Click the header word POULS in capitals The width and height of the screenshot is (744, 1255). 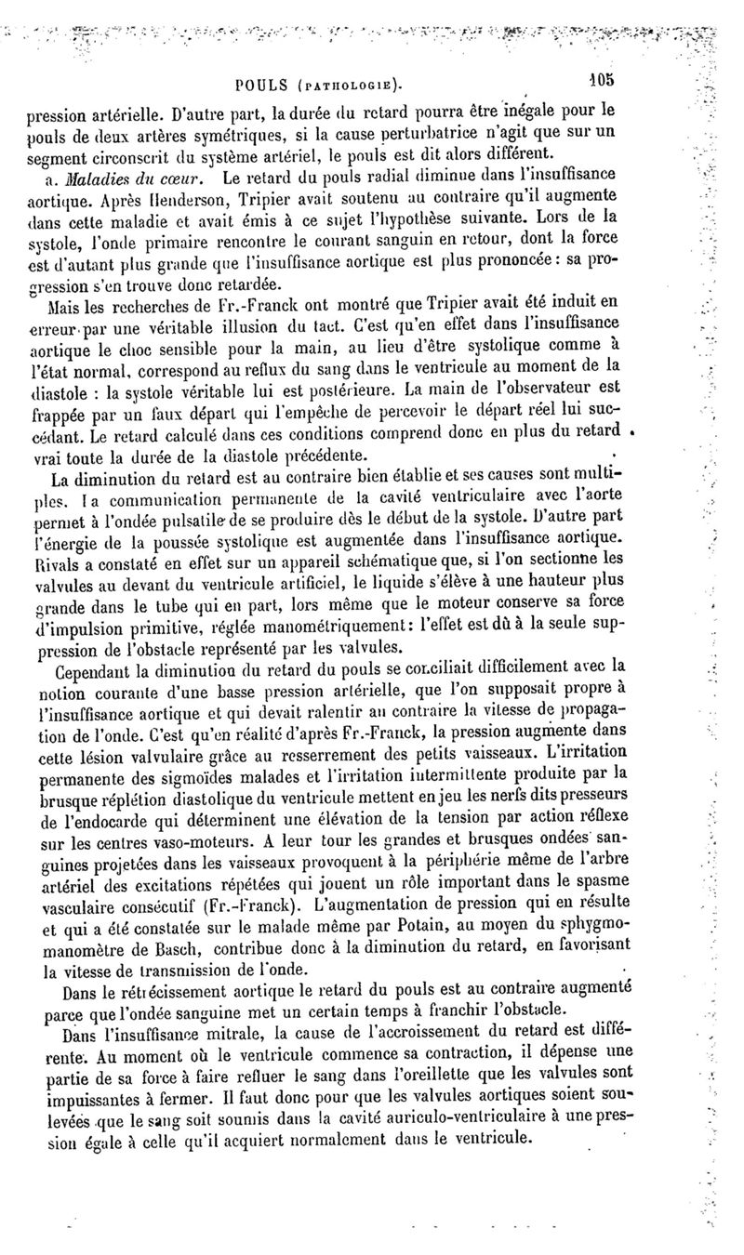click(263, 86)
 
